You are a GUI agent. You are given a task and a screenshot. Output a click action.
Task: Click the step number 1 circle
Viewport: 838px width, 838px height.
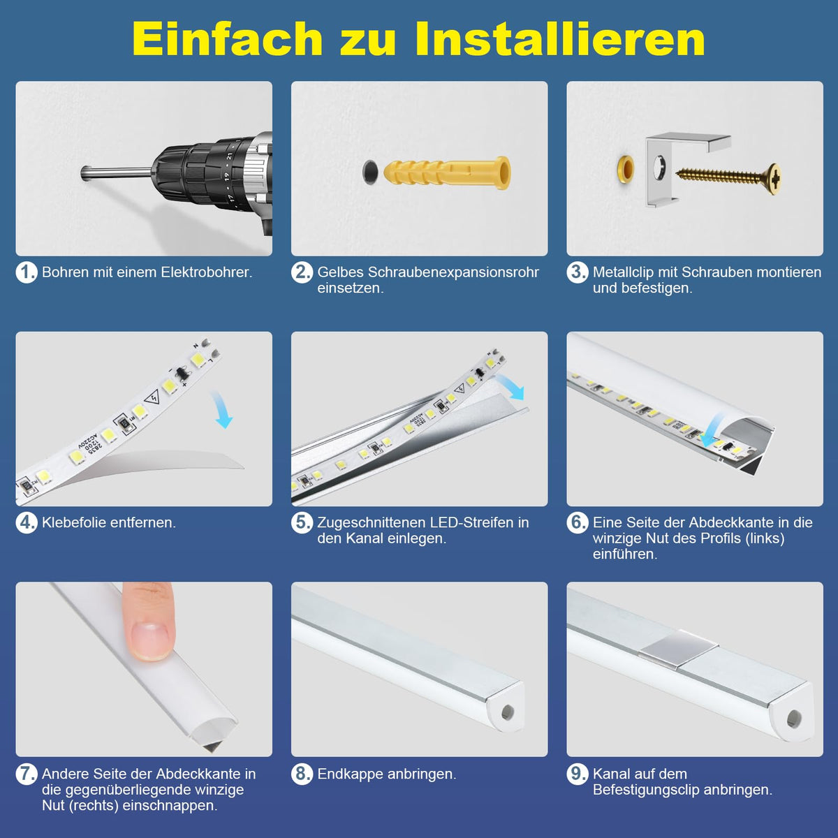click(x=27, y=272)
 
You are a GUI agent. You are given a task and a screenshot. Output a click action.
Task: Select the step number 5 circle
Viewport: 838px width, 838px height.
click(x=302, y=523)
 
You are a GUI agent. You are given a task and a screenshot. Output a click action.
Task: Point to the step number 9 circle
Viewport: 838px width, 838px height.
click(x=577, y=774)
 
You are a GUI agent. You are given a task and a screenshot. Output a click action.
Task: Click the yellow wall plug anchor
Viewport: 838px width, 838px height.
click(x=447, y=173)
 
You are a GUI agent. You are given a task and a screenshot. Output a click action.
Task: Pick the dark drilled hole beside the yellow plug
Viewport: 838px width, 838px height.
click(x=370, y=171)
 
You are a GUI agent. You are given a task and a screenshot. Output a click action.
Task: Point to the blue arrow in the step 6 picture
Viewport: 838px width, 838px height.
click(x=711, y=432)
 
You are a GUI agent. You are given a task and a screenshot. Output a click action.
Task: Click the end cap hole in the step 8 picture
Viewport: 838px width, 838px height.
click(x=507, y=712)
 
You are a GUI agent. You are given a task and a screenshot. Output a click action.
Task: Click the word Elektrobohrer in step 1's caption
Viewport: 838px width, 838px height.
click(x=207, y=272)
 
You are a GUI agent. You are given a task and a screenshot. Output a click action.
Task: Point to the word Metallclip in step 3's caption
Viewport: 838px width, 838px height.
click(x=623, y=272)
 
